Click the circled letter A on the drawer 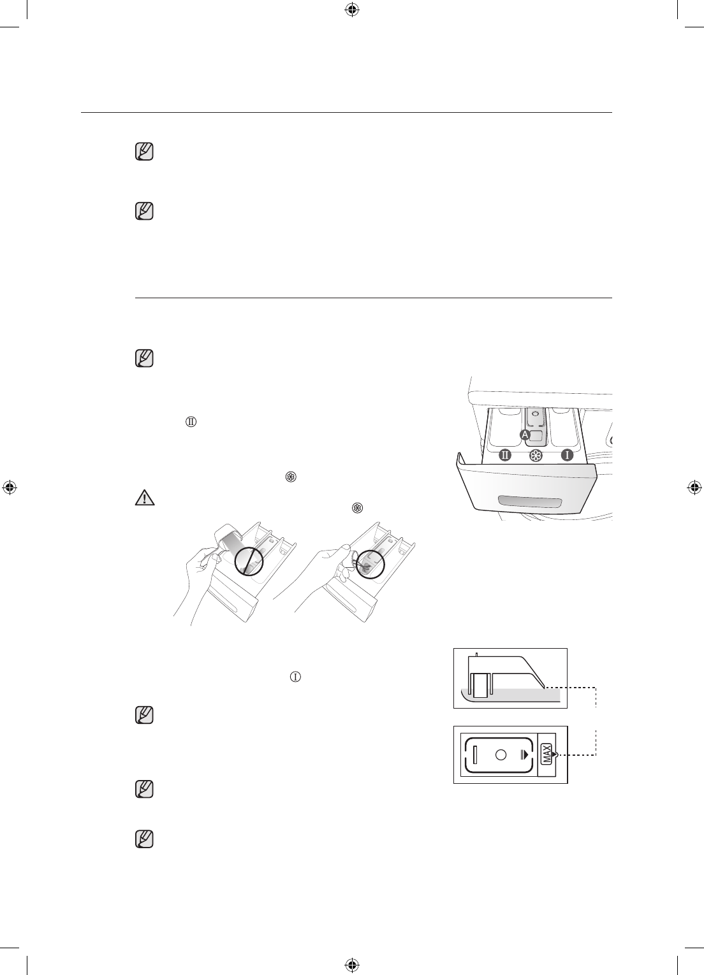tap(525, 435)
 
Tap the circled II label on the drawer tap(506, 456)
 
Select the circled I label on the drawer tap(566, 456)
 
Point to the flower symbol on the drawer tap(536, 456)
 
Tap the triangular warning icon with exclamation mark tap(145, 498)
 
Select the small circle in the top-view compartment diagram tap(500, 754)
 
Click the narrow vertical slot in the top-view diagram tap(475, 754)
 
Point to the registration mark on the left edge tap(10, 488)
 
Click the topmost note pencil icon tap(145, 152)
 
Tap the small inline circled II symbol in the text tap(189, 423)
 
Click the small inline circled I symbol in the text tap(295, 676)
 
